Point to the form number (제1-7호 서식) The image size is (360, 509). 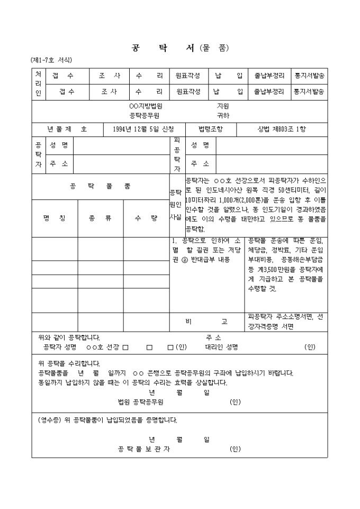pos(51,60)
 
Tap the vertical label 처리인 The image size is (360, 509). pos(38,84)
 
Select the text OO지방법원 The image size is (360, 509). pos(142,106)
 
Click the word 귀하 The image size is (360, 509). pos(223,115)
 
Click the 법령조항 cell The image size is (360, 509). pos(210,129)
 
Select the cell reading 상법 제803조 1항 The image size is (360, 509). pos(281,129)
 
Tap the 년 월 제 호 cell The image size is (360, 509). pos(67,129)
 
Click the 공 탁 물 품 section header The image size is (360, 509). pos(100,186)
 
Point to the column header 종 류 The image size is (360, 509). pos(100,217)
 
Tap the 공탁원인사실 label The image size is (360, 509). pos(175,204)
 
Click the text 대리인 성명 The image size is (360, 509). pos(221,347)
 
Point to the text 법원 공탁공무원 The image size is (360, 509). pos(140,402)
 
